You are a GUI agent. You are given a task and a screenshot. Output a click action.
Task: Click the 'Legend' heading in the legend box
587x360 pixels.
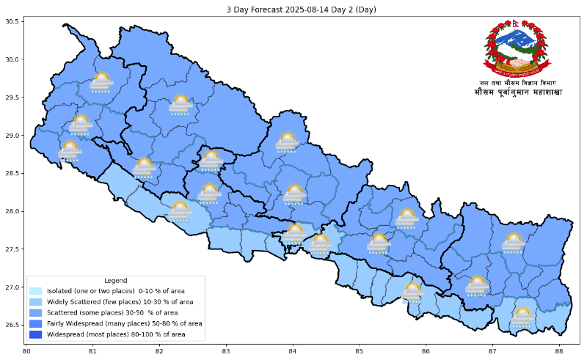[x=115, y=281]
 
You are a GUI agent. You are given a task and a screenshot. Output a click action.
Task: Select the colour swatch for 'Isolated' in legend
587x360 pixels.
[x=36, y=291]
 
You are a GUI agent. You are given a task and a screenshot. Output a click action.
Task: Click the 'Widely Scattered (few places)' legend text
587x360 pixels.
[x=120, y=302]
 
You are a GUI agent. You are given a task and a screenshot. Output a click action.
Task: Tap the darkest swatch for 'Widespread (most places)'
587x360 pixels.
[x=36, y=334]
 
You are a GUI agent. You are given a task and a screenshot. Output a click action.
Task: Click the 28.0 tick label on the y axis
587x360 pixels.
[x=13, y=212]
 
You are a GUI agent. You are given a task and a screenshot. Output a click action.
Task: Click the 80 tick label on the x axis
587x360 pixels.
[x=26, y=351]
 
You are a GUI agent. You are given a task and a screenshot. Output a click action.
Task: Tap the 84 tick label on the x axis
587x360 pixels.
[x=293, y=351]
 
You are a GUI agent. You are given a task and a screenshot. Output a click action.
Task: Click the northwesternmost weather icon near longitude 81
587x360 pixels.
[x=101, y=82]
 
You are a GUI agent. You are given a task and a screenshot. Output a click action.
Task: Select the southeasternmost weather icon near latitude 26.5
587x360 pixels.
[x=522, y=317]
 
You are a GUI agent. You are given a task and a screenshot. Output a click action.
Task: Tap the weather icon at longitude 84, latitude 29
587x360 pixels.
[x=287, y=142]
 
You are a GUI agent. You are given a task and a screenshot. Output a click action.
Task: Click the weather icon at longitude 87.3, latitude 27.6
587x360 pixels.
[x=513, y=243]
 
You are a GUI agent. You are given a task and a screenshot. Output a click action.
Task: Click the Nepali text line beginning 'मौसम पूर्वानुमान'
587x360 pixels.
[x=517, y=93]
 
